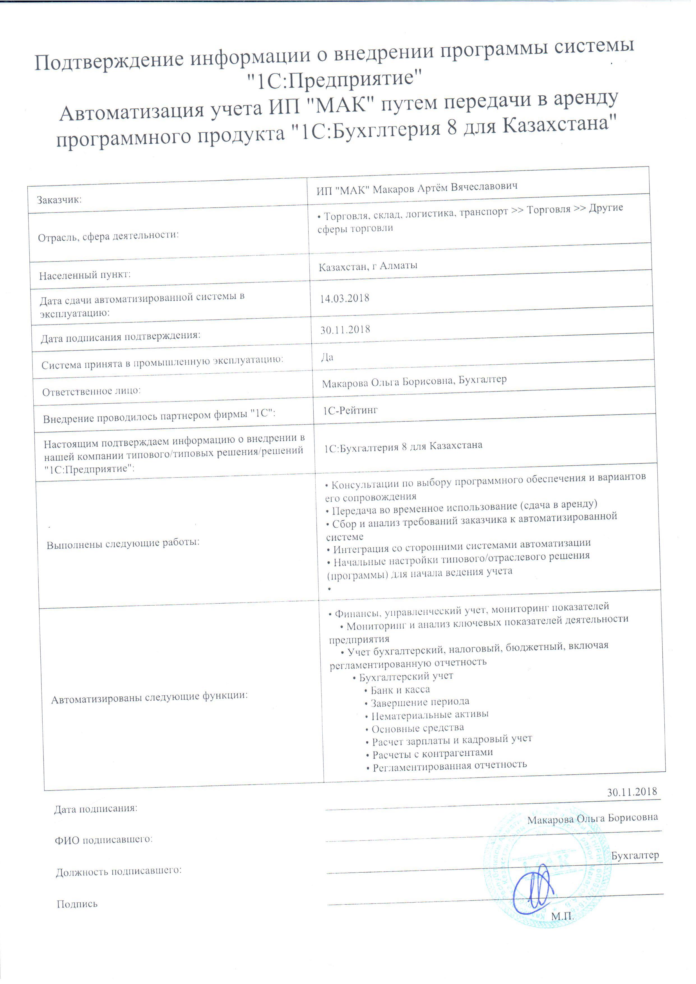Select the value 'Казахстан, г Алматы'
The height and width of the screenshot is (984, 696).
point(368,266)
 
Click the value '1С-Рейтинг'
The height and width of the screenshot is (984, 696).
point(351,411)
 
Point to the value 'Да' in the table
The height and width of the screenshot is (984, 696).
point(327,357)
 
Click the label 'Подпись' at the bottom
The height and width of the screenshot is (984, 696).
point(77,904)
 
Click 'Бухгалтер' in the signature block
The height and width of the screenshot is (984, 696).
point(635,855)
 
